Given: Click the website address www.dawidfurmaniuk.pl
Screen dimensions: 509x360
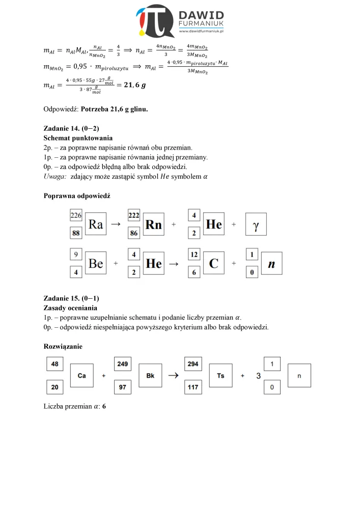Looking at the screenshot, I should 202,32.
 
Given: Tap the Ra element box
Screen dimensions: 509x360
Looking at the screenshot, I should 96,223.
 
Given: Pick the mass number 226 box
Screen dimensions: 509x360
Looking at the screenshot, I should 76,215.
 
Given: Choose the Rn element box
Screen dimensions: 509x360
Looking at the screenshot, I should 154,224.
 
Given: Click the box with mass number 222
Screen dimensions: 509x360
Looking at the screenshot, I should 134,215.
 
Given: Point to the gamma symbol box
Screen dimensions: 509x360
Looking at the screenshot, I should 256,224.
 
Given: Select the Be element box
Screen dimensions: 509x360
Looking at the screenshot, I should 96,263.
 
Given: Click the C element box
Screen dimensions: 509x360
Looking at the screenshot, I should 213,263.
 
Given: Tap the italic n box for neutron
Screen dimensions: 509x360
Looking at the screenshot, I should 271,264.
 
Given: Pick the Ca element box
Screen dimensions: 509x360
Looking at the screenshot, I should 81,375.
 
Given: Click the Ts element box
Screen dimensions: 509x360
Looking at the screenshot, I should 220,375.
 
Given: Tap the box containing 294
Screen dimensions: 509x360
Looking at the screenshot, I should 193,364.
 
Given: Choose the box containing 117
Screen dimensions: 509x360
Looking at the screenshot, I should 193,387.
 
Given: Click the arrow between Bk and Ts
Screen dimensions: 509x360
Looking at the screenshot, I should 173,375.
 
